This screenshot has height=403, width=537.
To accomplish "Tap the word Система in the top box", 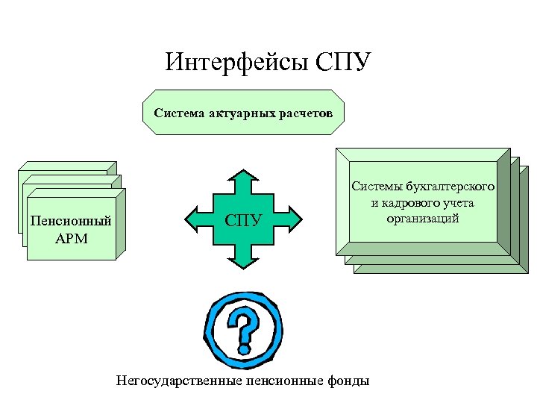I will [x=178, y=113].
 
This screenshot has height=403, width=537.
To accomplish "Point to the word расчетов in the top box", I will [x=307, y=113].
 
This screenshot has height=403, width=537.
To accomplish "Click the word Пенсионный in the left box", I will [x=71, y=222].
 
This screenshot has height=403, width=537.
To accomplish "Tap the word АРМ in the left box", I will [x=71, y=240].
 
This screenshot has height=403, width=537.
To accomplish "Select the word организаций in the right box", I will [x=422, y=218].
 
